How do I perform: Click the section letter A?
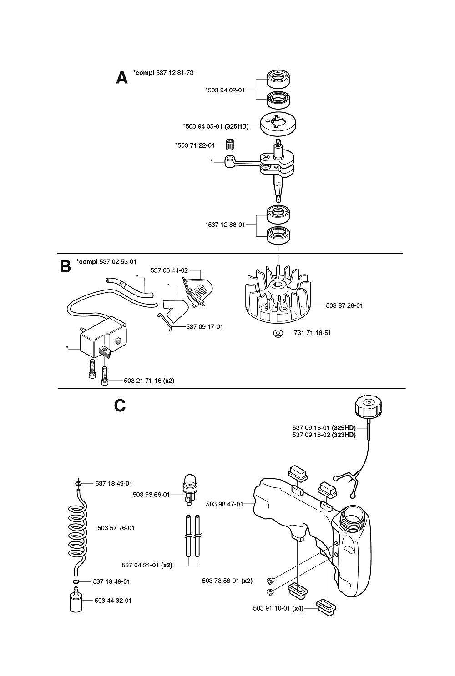[122, 78]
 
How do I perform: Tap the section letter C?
[120, 405]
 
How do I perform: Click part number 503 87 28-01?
[344, 305]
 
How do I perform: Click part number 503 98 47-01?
[224, 504]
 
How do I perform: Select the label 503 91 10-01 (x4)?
[278, 608]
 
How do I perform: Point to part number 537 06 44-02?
[169, 270]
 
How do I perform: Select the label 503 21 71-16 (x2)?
[149, 381]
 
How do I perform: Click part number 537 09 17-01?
[204, 326]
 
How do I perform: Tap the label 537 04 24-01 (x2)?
[147, 566]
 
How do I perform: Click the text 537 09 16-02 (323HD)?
[324, 435]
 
